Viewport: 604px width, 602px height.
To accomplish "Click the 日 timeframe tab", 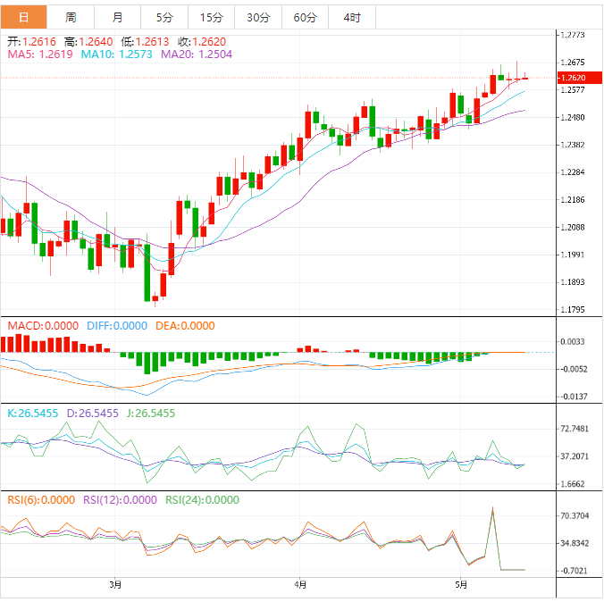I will pos(23,17).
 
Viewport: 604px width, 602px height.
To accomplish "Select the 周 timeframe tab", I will pos(71,17).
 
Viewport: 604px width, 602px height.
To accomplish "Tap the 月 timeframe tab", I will pos(118,17).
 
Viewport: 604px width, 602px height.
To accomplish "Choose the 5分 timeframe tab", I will pos(164,17).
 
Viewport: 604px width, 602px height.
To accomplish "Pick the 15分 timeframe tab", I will pos(211,17).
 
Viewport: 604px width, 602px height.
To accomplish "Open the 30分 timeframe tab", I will pos(258,17).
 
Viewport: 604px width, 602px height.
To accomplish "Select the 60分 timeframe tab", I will pos(305,17).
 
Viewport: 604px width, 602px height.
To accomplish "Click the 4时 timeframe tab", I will pos(352,17).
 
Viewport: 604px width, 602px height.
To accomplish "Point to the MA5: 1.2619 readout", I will pos(39,54).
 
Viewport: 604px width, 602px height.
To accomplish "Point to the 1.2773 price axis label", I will pos(571,35).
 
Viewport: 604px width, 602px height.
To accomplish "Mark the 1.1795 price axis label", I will pos(571,310).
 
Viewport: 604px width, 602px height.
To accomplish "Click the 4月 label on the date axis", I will pos(301,586).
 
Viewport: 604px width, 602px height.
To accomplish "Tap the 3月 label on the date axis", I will pos(114,586).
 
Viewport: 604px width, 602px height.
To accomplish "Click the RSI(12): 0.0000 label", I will pos(121,500).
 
